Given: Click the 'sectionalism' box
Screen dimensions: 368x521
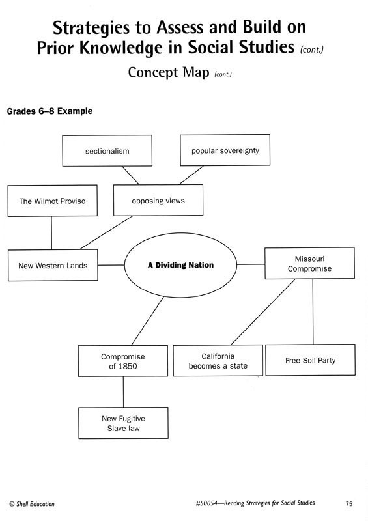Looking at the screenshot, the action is [x=107, y=151].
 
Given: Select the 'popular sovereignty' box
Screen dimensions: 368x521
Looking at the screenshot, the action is [x=225, y=150].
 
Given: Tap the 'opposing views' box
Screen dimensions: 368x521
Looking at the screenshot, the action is [x=158, y=200].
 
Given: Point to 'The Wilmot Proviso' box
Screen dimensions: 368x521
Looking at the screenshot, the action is [x=53, y=201].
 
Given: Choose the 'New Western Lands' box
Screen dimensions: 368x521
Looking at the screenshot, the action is [x=53, y=265].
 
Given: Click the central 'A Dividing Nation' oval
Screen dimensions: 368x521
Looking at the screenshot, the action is [x=181, y=265].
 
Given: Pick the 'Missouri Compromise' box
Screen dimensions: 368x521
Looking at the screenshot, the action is [x=309, y=263].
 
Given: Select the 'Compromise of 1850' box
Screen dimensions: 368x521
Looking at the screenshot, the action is [x=123, y=361].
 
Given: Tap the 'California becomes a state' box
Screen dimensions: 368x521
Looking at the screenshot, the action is [x=218, y=361].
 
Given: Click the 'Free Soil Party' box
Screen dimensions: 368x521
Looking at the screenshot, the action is [x=311, y=360].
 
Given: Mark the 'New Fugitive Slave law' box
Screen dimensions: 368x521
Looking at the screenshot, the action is [x=123, y=423].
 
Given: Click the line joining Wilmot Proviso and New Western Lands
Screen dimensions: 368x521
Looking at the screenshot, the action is [x=51, y=233].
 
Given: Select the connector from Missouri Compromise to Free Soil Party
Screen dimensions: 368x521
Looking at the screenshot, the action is [x=313, y=312].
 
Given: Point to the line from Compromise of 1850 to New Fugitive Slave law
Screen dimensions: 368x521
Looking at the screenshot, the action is [x=123, y=392].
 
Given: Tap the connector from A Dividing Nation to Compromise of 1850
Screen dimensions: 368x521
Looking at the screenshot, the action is [x=148, y=321].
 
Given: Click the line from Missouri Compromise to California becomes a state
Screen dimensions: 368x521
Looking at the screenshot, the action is [x=263, y=312].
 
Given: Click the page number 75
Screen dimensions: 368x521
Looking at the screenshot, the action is [x=348, y=503].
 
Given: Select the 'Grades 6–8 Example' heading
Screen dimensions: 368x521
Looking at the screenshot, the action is [x=50, y=111].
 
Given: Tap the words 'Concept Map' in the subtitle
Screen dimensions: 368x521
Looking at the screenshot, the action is [x=169, y=72].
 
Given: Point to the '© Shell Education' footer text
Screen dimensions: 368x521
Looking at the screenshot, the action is [x=32, y=504].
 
